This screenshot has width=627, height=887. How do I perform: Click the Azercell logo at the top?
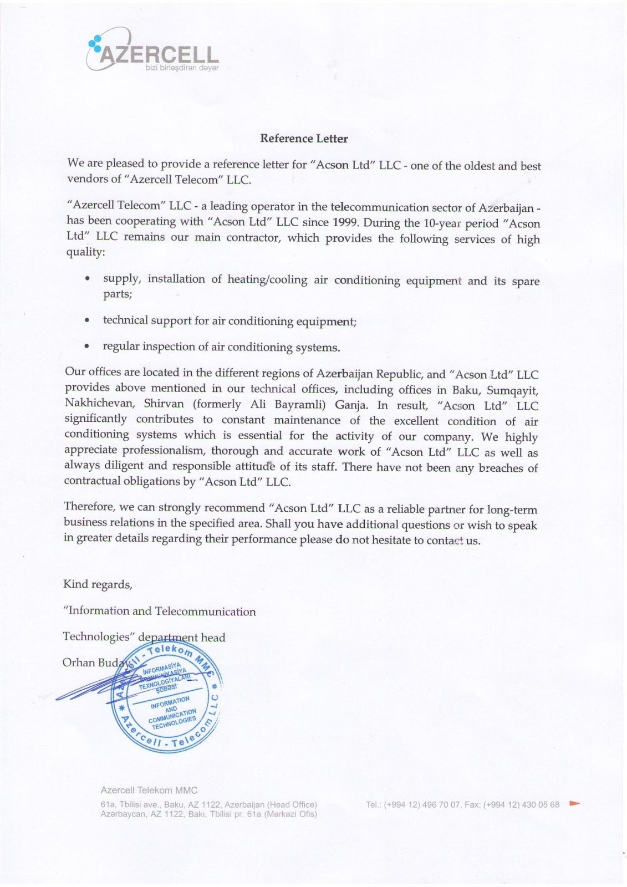point(153,52)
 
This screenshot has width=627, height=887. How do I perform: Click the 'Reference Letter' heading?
point(304,139)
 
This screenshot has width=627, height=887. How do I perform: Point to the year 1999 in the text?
point(345,223)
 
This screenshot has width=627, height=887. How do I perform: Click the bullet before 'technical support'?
point(87,320)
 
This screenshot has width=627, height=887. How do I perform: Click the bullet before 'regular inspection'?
point(87,346)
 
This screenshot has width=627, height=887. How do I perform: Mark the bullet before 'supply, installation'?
point(87,279)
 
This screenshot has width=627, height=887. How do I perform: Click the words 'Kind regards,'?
point(98,584)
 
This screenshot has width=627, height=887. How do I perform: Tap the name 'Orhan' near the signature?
point(79,662)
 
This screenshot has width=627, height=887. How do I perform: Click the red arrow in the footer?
point(574,803)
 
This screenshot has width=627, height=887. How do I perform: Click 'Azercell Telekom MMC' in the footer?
point(149,790)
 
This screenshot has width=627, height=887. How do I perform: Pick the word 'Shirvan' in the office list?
point(164,404)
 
